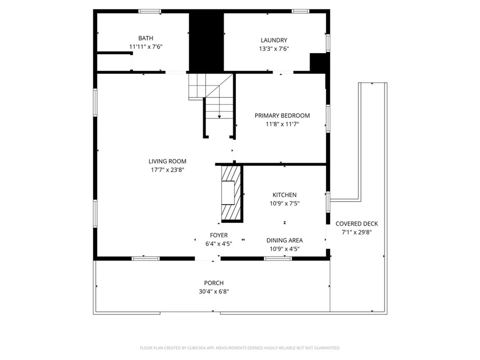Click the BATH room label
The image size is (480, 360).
146,38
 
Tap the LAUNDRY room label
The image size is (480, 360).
274,40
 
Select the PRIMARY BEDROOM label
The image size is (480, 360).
282,116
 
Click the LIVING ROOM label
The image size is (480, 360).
167,161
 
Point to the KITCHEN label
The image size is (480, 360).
284,195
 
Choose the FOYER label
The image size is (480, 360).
219,235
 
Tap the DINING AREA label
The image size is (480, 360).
284,240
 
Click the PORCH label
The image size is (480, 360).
214,283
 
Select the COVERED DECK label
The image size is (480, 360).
356,224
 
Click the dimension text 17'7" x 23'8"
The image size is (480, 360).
167,170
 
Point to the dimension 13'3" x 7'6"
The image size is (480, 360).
274,49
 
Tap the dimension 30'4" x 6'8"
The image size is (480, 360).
214,291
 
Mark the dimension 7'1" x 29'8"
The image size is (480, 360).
356,232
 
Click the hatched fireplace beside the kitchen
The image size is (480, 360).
231,193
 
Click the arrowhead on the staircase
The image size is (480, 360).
219,117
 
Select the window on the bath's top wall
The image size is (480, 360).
150,11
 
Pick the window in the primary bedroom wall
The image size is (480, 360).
328,119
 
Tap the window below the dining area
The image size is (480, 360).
278,259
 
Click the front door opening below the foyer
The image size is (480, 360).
208,259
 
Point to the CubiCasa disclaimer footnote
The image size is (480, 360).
240,348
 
